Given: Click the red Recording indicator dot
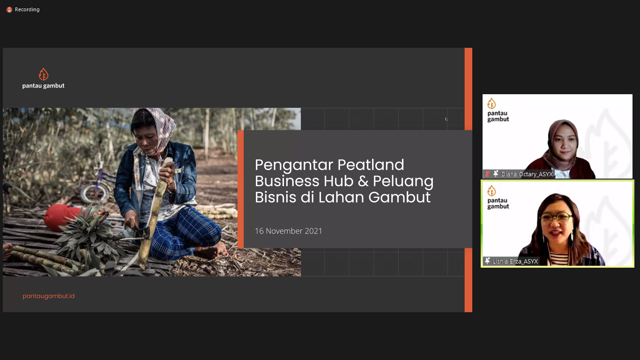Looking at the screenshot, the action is [x=9, y=10].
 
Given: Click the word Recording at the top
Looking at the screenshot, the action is [x=27, y=9].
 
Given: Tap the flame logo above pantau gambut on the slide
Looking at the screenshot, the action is [x=44, y=74].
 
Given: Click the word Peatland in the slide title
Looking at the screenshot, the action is [x=371, y=165].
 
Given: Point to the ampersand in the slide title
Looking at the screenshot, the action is [x=363, y=181].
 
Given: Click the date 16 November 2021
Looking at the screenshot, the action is [x=288, y=231].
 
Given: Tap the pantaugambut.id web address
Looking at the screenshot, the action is [x=49, y=296].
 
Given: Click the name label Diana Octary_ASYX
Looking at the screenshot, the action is [x=527, y=174].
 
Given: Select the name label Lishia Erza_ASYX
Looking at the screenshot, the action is [x=515, y=262].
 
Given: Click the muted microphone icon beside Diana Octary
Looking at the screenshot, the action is [x=487, y=174].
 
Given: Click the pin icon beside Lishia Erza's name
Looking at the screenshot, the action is [x=487, y=261].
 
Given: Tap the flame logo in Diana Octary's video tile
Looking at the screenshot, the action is [x=491, y=104].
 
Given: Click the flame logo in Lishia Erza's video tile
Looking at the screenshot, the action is [x=491, y=191].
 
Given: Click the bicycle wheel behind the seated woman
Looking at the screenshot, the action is [x=94, y=194].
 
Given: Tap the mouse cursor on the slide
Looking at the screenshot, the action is [x=446, y=119].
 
